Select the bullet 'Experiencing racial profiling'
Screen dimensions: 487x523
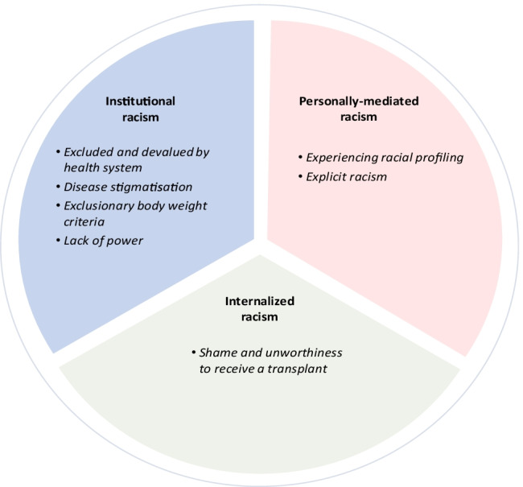tap(379, 157)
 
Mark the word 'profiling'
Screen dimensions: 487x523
tap(440, 157)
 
